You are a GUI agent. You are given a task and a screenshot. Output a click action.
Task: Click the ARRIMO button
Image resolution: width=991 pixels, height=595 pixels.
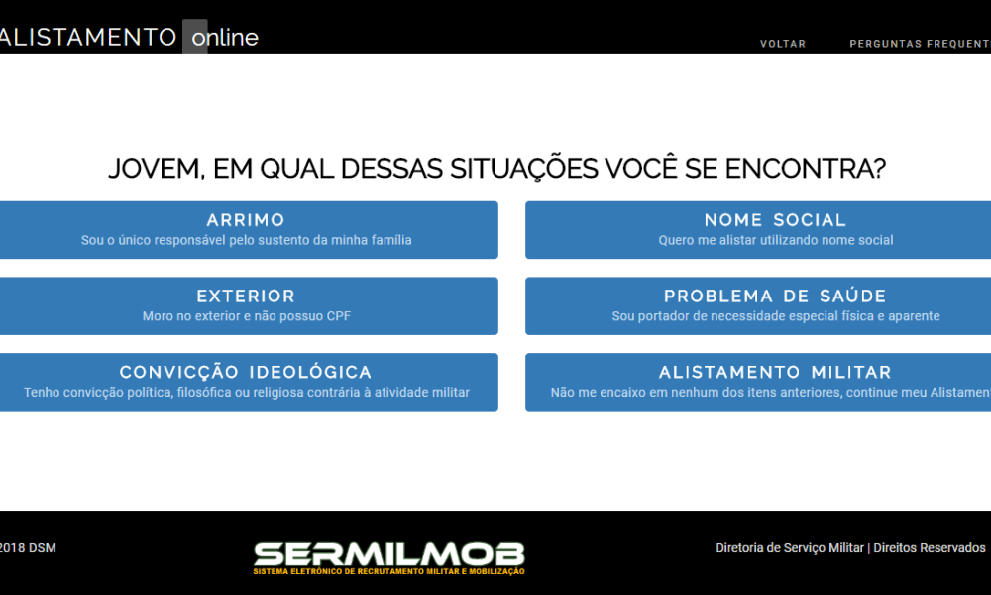[x=249, y=230]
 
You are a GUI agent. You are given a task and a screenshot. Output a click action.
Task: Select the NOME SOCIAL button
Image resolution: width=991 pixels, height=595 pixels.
[x=758, y=230]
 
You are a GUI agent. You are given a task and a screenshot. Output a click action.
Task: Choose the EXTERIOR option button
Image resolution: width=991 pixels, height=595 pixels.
[x=249, y=306]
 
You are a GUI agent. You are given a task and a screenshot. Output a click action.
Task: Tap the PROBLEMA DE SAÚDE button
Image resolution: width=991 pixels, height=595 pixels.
[x=758, y=306]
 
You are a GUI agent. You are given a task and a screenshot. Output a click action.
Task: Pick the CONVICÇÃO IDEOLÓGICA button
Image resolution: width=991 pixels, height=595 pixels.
[x=249, y=382]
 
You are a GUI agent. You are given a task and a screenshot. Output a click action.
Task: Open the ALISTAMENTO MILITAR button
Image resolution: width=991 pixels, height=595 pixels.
[x=758, y=382]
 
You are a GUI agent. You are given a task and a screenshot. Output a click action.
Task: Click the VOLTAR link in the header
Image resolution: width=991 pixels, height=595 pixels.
[x=783, y=44]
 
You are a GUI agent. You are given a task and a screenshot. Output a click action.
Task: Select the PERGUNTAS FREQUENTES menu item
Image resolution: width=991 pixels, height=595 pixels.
[x=921, y=44]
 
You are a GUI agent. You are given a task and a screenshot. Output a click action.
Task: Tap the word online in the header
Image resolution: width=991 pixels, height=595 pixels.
[x=225, y=38]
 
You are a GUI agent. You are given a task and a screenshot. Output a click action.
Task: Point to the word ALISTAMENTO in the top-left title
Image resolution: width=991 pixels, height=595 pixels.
[x=88, y=37]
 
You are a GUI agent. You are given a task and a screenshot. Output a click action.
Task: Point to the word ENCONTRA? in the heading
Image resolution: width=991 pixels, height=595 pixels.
[x=805, y=169]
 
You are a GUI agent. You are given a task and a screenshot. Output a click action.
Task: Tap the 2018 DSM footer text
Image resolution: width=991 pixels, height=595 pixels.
[x=28, y=548]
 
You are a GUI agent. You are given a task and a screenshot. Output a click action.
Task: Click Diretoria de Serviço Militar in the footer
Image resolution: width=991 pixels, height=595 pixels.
[x=790, y=548]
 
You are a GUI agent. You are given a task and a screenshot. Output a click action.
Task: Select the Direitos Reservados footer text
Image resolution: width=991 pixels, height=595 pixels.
[x=930, y=548]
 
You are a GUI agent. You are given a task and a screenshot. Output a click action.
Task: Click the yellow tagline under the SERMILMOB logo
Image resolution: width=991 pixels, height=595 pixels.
[x=388, y=571]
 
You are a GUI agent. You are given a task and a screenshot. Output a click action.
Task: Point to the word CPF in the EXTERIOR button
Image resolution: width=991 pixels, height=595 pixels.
[x=339, y=316]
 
